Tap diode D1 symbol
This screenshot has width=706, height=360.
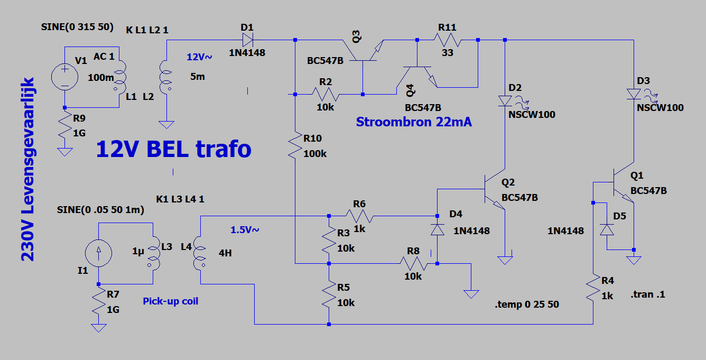pos(248,40)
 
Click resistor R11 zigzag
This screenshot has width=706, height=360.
pos(447,40)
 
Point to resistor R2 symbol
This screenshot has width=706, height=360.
pos(326,94)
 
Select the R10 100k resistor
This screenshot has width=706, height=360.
pos(295,145)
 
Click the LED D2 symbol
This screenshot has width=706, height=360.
pos(505,101)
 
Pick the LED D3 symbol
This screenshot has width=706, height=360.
pos(634,94)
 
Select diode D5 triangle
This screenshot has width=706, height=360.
pos(607,229)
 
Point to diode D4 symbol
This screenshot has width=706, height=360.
pos(438,229)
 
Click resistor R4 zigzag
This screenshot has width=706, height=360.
pos(593,288)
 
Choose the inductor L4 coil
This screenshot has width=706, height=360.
pos(199,253)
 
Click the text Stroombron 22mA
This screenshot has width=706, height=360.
pos(414,122)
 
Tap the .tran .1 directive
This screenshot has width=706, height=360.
pos(648,294)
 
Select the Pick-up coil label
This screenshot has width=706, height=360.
pos(171,301)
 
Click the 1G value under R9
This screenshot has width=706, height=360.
pos(79,133)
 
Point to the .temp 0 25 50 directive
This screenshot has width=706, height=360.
pos(527,304)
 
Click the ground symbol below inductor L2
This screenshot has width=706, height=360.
pos(166,125)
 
